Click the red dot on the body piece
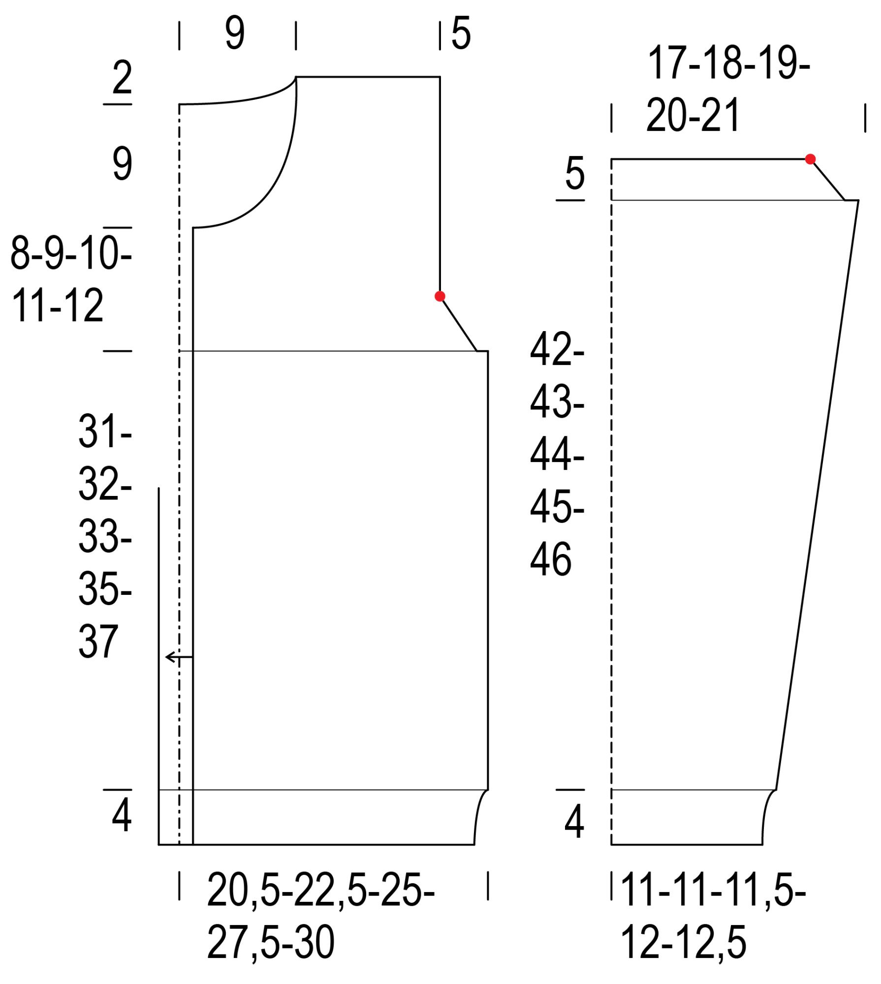[x=440, y=296]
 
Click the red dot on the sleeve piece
[x=810, y=159]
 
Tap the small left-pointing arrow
[x=179, y=657]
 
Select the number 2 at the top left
[x=122, y=77]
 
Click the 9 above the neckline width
[x=235, y=33]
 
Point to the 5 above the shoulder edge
[x=461, y=33]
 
